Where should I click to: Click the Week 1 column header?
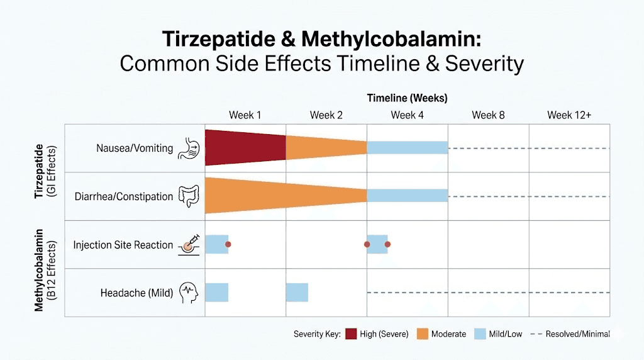point(245,115)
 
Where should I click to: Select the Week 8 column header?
point(488,115)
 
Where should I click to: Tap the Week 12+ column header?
point(569,115)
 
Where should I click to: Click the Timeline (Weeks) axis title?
point(407,98)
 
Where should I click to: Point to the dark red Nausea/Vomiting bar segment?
point(245,148)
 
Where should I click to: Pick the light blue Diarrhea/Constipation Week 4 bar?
point(407,196)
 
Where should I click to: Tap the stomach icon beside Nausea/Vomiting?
point(189,149)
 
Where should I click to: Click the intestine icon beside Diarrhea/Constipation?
point(189,196)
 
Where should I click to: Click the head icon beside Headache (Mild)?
point(189,293)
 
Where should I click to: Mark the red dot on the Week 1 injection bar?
point(228,244)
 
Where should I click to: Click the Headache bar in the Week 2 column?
point(297,293)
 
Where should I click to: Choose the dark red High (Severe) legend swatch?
point(351,334)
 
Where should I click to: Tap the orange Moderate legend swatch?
point(422,334)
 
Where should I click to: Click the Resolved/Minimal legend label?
point(577,334)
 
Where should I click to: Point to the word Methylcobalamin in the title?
point(391,39)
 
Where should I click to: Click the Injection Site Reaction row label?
point(123,245)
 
